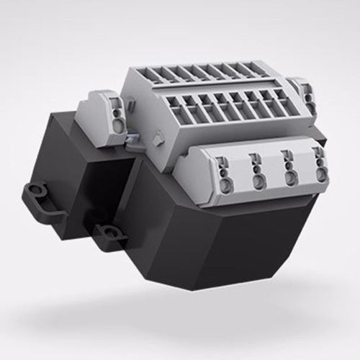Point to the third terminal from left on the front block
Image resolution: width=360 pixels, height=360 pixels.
click(x=289, y=166)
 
